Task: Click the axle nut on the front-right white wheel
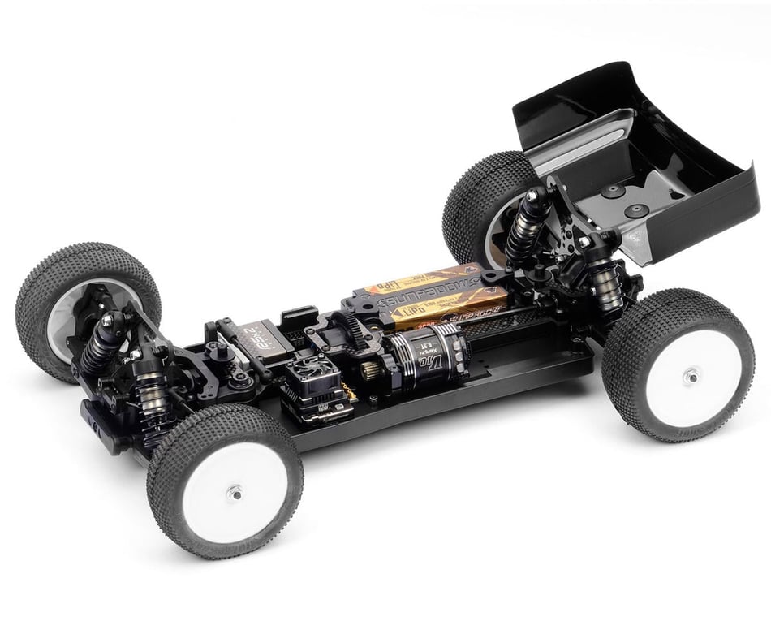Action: pyautogui.click(x=235, y=491)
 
